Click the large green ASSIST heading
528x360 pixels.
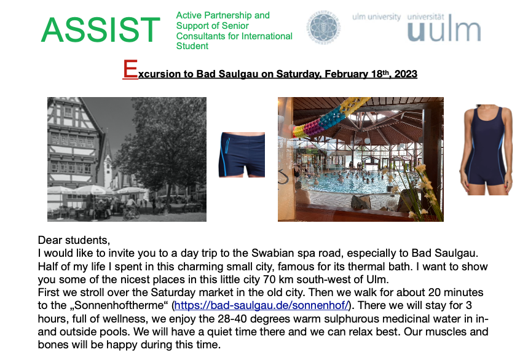[100, 30]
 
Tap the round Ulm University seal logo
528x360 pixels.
[323, 26]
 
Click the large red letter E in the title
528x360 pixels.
[130, 69]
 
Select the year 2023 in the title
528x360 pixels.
[406, 74]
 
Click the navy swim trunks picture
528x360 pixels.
[242, 155]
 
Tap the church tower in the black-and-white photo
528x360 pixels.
[108, 158]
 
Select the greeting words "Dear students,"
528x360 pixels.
[74, 240]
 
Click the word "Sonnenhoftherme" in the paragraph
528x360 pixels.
[119, 305]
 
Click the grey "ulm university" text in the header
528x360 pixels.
[376, 17]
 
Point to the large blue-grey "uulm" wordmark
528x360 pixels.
[444, 30]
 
